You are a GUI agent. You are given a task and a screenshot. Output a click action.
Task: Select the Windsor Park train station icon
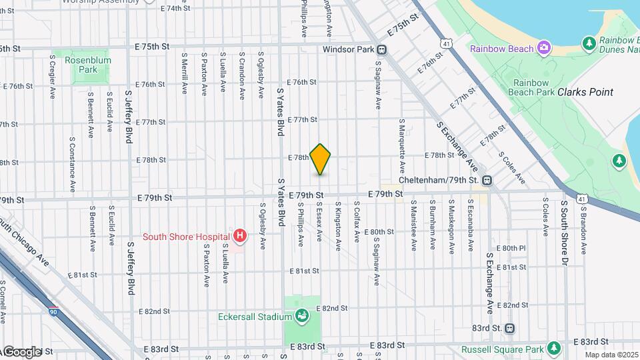click(x=382, y=49)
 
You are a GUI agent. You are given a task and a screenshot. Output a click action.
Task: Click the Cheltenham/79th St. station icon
click(x=487, y=180)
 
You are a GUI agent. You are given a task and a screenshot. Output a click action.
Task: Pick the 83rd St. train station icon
click(x=510, y=328)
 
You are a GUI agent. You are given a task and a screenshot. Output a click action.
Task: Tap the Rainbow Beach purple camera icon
click(x=544, y=48)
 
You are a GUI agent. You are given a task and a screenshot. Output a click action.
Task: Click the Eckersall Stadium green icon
click(x=301, y=315)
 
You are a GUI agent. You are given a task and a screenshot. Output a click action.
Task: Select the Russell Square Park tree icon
click(x=553, y=348)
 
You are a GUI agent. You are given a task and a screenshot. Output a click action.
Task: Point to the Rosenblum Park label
click(x=87, y=65)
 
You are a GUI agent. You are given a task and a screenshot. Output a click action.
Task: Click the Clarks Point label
click(x=585, y=92)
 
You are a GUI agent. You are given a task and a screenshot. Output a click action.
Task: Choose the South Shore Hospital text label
click(x=186, y=237)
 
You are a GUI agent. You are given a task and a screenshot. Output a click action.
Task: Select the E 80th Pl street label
click(x=512, y=248)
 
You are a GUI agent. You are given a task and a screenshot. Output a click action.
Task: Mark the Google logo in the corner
click(x=21, y=352)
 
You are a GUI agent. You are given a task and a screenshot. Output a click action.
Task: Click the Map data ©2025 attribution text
click(x=611, y=355)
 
